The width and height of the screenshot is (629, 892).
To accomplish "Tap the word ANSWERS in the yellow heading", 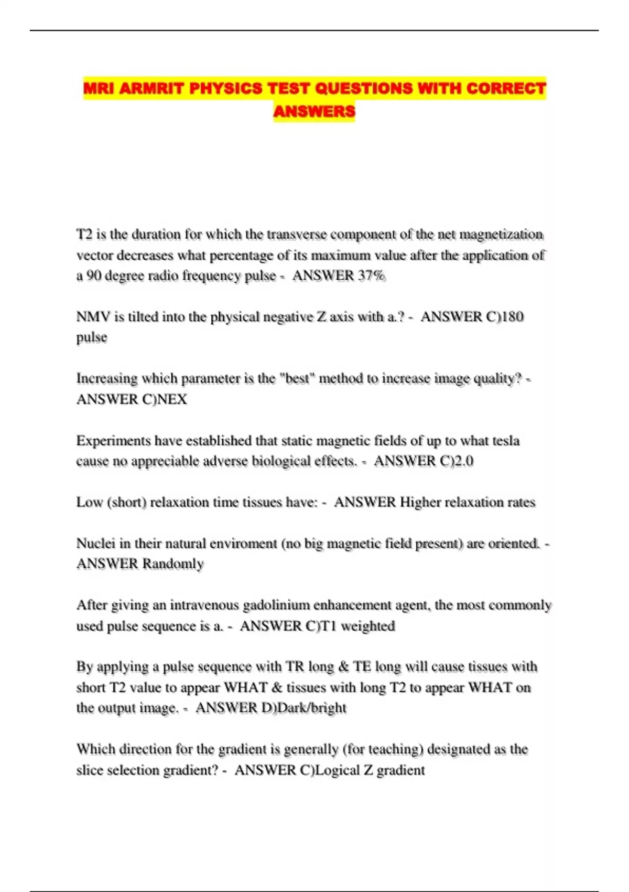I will click(314, 111).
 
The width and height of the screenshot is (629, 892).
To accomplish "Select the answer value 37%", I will click(372, 275).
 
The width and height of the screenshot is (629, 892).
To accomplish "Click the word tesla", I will click(505, 440).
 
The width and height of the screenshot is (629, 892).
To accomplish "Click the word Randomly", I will click(173, 564).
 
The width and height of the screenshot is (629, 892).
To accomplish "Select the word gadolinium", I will click(276, 605).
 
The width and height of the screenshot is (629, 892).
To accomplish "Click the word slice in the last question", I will click(89, 770).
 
